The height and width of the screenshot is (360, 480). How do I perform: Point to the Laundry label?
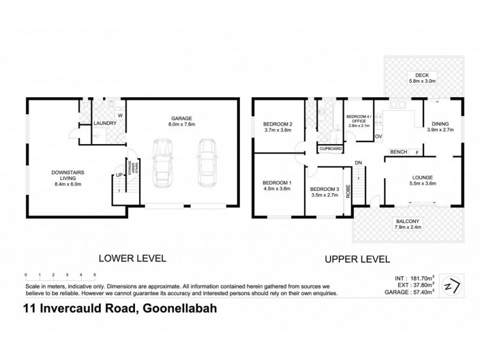tap(104, 124)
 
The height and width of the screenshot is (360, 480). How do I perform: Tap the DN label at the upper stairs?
tap(358, 163)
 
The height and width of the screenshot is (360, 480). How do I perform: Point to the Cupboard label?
tap(331, 148)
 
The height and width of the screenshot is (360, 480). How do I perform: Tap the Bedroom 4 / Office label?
tap(359, 118)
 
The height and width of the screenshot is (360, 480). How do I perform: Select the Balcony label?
tap(408, 221)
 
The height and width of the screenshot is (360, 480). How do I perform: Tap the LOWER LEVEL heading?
tap(132, 259)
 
